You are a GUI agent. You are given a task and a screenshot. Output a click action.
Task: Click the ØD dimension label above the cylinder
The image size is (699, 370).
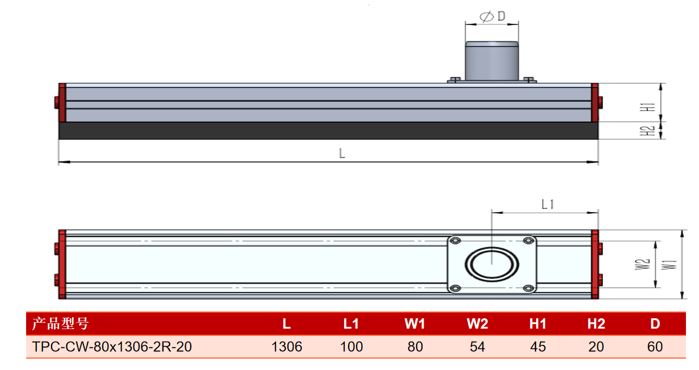(x=492, y=16)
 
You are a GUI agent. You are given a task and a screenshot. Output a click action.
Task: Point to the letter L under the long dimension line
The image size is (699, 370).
(x=342, y=153)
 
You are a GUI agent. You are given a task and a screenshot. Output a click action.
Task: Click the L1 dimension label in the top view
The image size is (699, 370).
(x=547, y=205)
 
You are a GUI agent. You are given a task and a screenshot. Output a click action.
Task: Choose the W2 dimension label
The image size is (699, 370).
(x=643, y=264)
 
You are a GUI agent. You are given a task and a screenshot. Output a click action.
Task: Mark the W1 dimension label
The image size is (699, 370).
(x=669, y=264)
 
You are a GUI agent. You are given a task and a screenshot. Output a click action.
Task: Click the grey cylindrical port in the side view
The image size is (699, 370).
(x=492, y=61)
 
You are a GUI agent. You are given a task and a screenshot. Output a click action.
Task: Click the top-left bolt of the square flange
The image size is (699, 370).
(x=455, y=241)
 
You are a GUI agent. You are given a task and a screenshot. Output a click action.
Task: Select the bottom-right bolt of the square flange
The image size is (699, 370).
(x=528, y=288)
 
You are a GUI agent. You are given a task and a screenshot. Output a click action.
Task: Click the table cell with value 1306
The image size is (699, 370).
(x=287, y=347)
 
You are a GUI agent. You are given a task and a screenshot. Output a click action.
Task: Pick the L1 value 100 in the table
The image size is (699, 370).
(x=351, y=347)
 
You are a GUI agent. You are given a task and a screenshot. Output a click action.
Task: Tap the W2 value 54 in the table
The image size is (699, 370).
(x=478, y=347)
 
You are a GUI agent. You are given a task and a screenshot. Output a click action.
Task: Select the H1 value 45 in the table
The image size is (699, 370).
(x=538, y=347)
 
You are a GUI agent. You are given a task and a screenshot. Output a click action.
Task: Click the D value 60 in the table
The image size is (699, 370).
(x=655, y=347)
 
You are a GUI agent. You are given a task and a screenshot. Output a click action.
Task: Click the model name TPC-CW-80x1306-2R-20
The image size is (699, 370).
(x=112, y=347)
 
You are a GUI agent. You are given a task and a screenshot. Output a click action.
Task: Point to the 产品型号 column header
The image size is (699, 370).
(x=61, y=323)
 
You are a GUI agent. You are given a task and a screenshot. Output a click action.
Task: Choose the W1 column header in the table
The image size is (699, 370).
(x=415, y=324)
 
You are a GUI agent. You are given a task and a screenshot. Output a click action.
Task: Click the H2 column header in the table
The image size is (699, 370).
(x=596, y=324)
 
